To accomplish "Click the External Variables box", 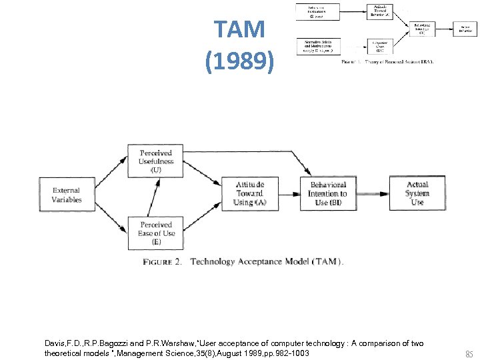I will (67, 194).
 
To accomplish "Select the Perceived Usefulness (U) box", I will (156, 161).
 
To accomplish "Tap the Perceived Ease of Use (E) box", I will (156, 232).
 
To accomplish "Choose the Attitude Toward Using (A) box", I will (249, 193).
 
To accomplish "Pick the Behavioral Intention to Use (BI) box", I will (327, 193).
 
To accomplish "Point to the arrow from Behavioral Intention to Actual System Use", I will (375, 194).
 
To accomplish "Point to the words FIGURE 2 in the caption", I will (162, 262).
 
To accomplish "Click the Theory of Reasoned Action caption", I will (387, 61).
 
